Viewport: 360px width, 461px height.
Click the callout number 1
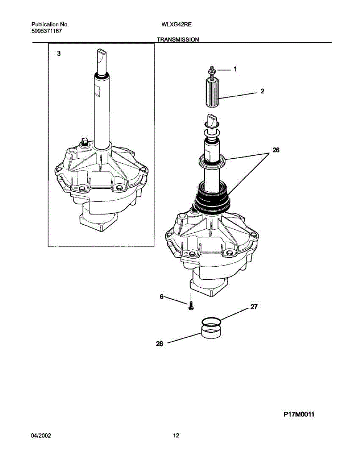pos(235,70)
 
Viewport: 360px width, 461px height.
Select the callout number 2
pos(262,92)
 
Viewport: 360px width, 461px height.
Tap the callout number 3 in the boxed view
pos(59,54)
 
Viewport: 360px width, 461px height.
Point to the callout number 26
pos(275,151)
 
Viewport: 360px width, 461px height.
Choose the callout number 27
pos(254,307)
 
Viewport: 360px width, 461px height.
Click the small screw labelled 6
pos(191,306)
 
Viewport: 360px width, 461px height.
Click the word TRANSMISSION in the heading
pos(178,40)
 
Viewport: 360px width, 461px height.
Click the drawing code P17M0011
pos(299,415)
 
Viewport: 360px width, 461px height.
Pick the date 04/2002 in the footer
pos(41,436)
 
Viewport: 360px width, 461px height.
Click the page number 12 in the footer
pos(176,436)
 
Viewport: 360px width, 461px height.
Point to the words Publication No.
pos(50,24)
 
